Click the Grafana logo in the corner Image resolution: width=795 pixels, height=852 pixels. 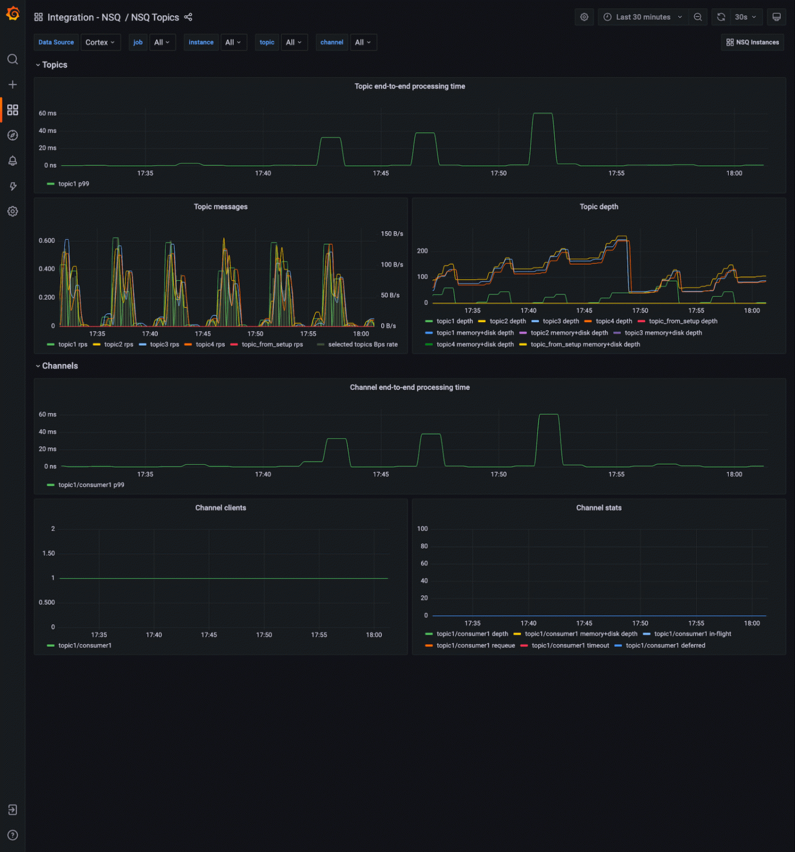(13, 14)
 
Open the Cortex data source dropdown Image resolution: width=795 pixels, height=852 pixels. (100, 42)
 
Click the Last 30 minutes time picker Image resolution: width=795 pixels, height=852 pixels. (643, 17)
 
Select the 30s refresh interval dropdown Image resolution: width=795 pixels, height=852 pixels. (745, 17)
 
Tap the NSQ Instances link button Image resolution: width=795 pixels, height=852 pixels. (753, 42)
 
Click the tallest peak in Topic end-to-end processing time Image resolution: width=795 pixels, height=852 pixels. (542, 114)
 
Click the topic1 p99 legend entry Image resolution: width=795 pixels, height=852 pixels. (73, 184)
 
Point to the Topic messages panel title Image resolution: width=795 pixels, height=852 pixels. (220, 207)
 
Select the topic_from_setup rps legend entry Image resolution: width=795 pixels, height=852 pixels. (272, 345)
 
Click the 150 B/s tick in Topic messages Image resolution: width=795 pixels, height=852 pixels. (392, 234)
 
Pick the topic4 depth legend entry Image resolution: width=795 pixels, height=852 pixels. (613, 321)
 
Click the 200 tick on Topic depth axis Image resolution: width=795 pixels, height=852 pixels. (422, 251)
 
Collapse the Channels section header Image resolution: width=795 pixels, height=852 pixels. (59, 366)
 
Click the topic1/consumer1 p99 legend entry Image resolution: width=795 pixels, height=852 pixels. (91, 485)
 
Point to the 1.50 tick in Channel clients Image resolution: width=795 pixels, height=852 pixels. (49, 553)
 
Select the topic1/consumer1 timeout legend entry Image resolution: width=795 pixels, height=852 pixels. (570, 645)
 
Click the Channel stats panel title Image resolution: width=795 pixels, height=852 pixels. (598, 508)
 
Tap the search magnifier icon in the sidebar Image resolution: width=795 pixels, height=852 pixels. (13, 59)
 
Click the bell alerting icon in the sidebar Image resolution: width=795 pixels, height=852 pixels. (13, 161)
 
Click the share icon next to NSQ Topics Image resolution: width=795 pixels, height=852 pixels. (188, 17)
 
